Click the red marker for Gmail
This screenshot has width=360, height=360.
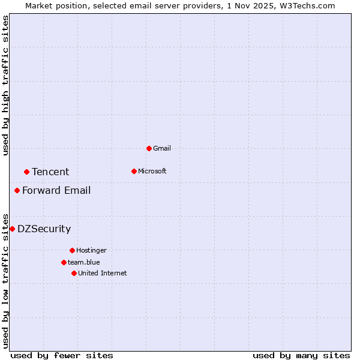[x=149, y=148]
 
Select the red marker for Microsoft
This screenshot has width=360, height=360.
[x=134, y=171]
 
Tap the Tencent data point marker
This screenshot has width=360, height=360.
[x=26, y=172]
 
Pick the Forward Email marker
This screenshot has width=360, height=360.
[x=17, y=190]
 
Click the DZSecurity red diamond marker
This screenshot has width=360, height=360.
[x=12, y=229]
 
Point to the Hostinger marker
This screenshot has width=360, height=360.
[x=72, y=250]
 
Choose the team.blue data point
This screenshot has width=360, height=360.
[x=64, y=262]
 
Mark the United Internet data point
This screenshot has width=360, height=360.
[x=74, y=273]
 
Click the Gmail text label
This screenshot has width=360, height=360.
[x=162, y=148]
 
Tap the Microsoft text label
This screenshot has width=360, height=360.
[x=152, y=171]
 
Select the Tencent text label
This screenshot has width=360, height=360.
[x=50, y=172]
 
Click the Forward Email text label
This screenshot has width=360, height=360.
[x=56, y=190]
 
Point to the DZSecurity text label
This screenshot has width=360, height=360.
[x=44, y=229]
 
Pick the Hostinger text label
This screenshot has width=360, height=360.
[x=91, y=250]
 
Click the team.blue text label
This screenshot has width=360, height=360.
[x=84, y=262]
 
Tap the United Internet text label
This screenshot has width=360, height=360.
[x=103, y=273]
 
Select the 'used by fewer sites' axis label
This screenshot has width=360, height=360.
[x=62, y=355]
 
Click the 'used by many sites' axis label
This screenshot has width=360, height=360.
[x=301, y=355]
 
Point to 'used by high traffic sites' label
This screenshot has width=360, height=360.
[x=5, y=85]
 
